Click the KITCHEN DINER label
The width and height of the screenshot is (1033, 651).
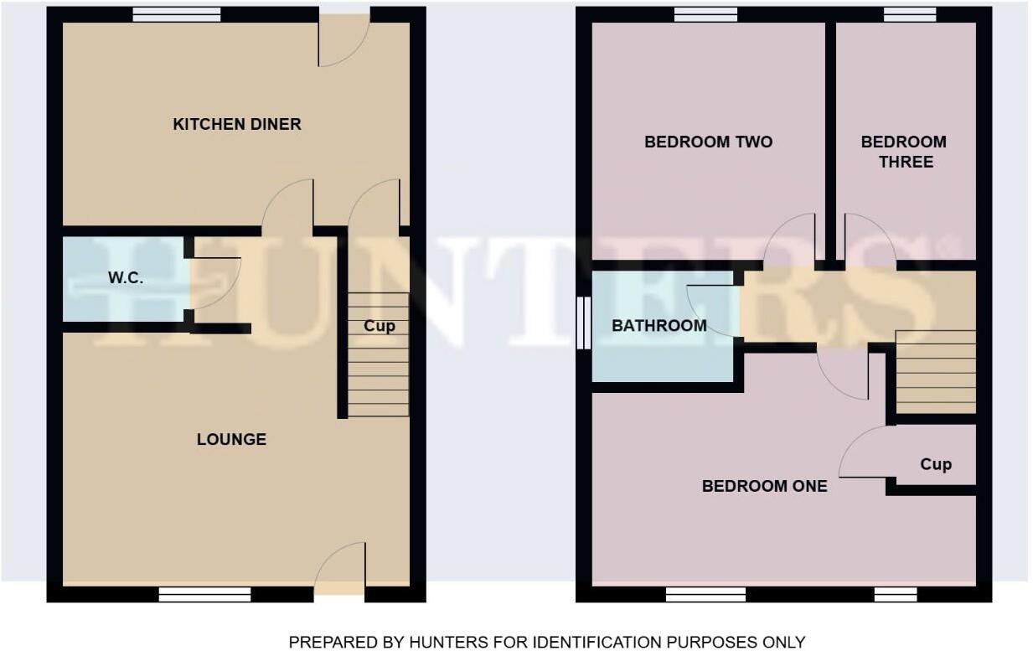[x=236, y=125]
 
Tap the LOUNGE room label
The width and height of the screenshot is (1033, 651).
[x=231, y=439]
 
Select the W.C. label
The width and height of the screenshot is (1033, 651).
[x=126, y=278]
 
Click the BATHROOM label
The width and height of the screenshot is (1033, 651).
[x=659, y=326]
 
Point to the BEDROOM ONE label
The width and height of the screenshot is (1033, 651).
[x=764, y=486]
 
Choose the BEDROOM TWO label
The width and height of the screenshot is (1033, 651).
[x=708, y=142]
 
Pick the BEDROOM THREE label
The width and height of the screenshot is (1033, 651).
[x=903, y=152]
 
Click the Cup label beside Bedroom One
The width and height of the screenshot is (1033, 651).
[x=935, y=464]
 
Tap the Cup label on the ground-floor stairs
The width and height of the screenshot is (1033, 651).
[x=379, y=326]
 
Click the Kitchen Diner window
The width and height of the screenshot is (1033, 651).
[x=176, y=14]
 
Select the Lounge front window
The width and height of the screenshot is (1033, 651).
[x=204, y=594]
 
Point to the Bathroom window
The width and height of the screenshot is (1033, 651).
[x=583, y=323]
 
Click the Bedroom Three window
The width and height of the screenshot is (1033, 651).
[x=909, y=14]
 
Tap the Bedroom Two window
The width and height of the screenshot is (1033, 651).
[x=705, y=14]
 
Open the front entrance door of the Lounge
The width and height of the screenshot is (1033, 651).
[x=339, y=570]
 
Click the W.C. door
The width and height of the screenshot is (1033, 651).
[x=214, y=282]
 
